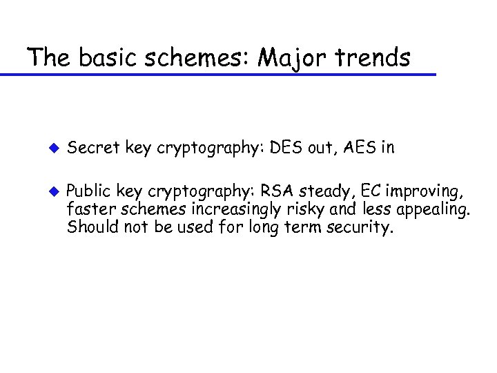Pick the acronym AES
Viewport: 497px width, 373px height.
(x=344, y=146)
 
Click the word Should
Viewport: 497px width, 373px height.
(x=90, y=227)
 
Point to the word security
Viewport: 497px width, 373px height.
(x=360, y=228)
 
